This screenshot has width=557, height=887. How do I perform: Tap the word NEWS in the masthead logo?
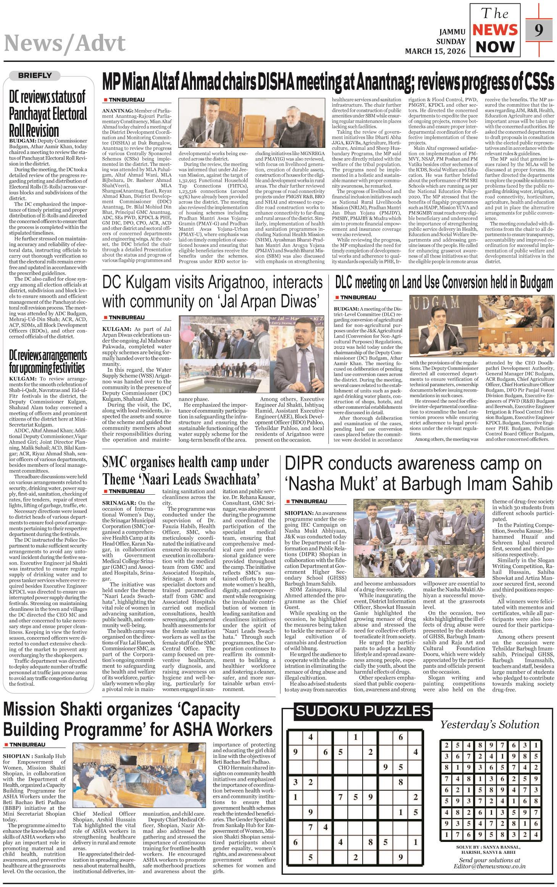coord(495,30)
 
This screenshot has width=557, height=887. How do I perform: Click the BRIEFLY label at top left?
coord(35,76)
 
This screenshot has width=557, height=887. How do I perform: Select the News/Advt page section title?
coord(65,43)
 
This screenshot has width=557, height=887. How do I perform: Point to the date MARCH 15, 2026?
coord(435,51)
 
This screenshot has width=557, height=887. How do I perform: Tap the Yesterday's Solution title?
coord(490,725)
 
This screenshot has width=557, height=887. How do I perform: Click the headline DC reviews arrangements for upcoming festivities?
coord(48,361)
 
